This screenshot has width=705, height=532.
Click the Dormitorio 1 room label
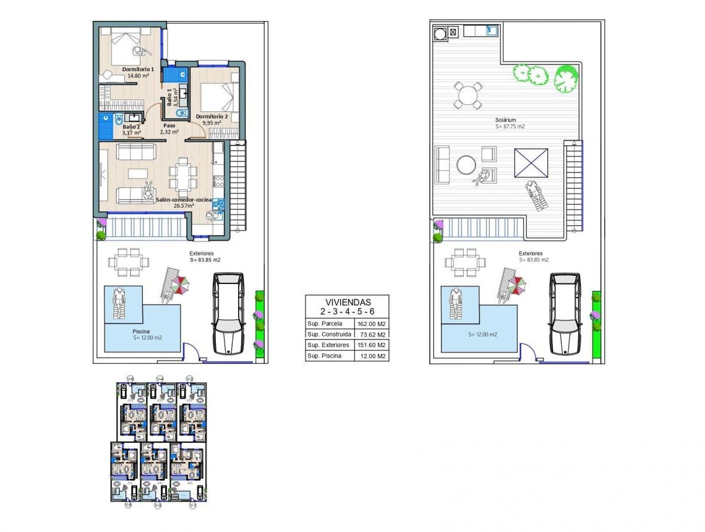pos(138,69)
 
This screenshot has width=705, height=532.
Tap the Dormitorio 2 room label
pos(212,116)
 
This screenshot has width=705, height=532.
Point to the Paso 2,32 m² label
pos(169,129)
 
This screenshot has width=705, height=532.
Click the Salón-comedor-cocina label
pos(184,200)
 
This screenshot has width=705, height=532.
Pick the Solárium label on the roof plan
pos(505,120)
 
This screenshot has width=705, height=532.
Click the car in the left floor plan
pos(228,313)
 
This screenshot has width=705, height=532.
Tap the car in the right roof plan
pos(565,313)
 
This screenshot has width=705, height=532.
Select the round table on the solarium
pos(468,96)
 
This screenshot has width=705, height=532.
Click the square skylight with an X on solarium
pos(531,163)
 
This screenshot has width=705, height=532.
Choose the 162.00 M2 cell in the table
pos(371,324)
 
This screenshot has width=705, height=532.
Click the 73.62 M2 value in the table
pos(371,335)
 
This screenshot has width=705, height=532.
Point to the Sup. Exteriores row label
pos(328,345)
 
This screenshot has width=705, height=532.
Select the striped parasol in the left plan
pos(181,285)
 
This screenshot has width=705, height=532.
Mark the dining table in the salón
pos(184,175)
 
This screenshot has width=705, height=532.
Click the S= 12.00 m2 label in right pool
pos(483,334)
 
